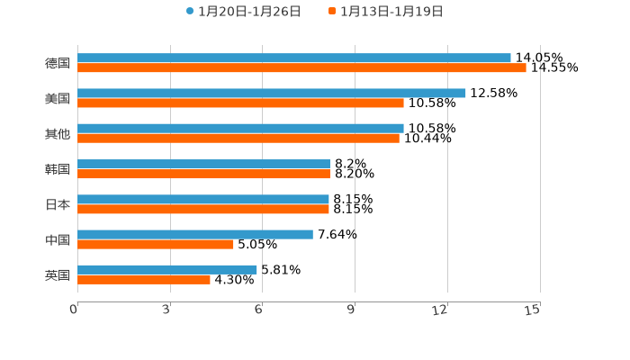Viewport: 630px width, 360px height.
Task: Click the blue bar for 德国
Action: pyautogui.click(x=294, y=58)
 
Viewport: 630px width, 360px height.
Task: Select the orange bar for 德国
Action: pyautogui.click(x=301, y=67)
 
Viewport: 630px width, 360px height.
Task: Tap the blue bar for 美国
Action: pyautogui.click(x=272, y=93)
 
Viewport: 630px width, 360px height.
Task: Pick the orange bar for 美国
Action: pyautogui.click(x=240, y=103)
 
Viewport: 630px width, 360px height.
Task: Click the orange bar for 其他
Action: pyautogui.click(x=238, y=138)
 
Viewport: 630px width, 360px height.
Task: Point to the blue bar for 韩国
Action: pyautogui.click(x=203, y=164)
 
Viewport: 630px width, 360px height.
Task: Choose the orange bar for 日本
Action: pyautogui.click(x=203, y=209)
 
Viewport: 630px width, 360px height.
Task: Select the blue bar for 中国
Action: pyautogui.click(x=195, y=234)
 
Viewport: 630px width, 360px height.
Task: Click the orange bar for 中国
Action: pyautogui.click(x=156, y=244)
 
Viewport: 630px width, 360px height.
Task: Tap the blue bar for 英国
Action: pyautogui.click(x=167, y=269)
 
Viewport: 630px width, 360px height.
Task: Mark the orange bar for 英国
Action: pyautogui.click(x=144, y=279)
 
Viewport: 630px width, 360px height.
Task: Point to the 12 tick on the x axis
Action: pyautogui.click(x=440, y=310)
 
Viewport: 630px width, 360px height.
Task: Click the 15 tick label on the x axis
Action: pyautogui.click(x=533, y=310)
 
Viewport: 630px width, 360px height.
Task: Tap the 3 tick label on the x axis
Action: pyautogui.click(x=166, y=310)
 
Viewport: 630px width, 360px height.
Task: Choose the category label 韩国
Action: pyautogui.click(x=58, y=169)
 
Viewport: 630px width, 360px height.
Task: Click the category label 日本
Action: pyautogui.click(x=58, y=204)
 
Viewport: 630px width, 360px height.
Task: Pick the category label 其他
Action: pyautogui.click(x=58, y=133)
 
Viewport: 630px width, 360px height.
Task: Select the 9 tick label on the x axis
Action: pyautogui.click(x=351, y=310)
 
